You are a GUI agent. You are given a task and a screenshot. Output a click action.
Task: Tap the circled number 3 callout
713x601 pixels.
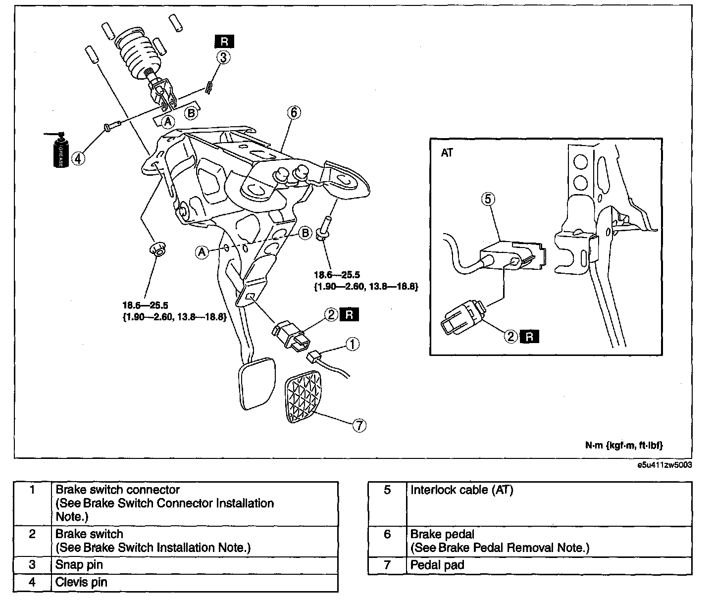[223, 57]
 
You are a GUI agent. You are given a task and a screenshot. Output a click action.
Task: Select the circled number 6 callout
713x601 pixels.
[294, 112]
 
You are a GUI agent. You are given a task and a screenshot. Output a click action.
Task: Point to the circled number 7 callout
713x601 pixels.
[359, 425]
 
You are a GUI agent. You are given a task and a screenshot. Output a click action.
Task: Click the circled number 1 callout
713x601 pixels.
[353, 344]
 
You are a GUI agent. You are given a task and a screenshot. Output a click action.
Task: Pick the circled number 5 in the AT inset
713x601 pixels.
[488, 199]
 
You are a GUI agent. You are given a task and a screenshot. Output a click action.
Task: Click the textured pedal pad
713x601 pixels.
[303, 396]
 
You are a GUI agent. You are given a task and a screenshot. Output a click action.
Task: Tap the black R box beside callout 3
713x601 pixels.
[224, 41]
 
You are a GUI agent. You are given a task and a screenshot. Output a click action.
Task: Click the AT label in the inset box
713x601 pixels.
[447, 152]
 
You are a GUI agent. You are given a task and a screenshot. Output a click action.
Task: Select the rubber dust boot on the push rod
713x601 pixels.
[139, 54]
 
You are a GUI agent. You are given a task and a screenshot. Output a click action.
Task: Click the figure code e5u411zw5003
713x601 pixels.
[664, 465]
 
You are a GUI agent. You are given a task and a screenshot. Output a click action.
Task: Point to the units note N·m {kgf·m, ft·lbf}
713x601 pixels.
[624, 445]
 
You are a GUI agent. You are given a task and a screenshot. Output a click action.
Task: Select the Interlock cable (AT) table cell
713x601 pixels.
[550, 504]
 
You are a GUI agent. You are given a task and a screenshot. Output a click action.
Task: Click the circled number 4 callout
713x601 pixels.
[78, 158]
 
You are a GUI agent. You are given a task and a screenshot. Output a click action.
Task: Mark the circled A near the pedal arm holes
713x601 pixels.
[202, 252]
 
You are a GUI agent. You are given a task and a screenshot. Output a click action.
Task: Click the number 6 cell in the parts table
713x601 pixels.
[387, 542]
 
